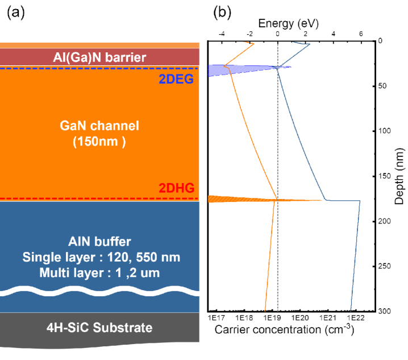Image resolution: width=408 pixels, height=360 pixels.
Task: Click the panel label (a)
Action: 15,12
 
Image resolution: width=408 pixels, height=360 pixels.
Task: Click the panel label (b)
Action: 222,12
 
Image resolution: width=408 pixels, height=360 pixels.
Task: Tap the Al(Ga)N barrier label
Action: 100,57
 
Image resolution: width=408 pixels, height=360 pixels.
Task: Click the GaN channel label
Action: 100,133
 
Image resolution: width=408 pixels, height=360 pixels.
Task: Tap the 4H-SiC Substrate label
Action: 100,328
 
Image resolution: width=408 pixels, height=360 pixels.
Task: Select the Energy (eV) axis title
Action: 288,23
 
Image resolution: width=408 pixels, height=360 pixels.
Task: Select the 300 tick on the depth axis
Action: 385,311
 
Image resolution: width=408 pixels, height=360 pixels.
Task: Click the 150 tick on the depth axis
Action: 385,176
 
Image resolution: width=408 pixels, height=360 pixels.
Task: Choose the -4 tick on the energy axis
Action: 221,34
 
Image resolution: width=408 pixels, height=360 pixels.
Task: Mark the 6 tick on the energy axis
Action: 361,34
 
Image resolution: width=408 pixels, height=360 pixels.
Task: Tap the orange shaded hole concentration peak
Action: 239,200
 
